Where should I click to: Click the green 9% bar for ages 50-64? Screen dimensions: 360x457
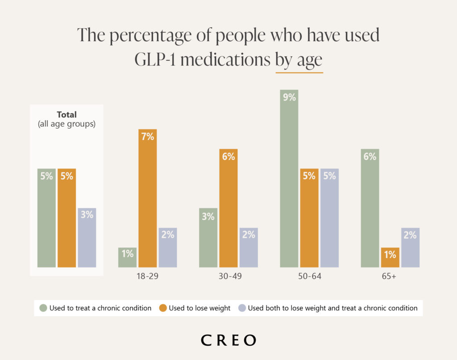289,179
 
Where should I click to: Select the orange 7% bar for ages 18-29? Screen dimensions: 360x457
148,198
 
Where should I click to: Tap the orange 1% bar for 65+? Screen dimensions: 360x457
390,257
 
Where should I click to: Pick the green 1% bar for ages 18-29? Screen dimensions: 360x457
127,257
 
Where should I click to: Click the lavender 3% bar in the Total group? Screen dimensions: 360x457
87,238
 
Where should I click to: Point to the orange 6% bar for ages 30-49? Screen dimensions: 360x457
228,208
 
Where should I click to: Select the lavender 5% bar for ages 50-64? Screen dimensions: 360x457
330,218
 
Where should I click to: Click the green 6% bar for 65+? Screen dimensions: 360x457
370,208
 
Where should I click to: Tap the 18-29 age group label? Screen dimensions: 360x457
148,276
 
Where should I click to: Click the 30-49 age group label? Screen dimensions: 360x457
228,276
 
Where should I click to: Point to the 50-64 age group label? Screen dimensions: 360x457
310,276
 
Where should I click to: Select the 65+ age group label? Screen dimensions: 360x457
390,276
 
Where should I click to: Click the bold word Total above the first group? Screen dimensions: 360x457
66,115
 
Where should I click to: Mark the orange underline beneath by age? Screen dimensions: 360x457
299,72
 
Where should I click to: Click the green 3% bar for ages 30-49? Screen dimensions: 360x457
208,238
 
